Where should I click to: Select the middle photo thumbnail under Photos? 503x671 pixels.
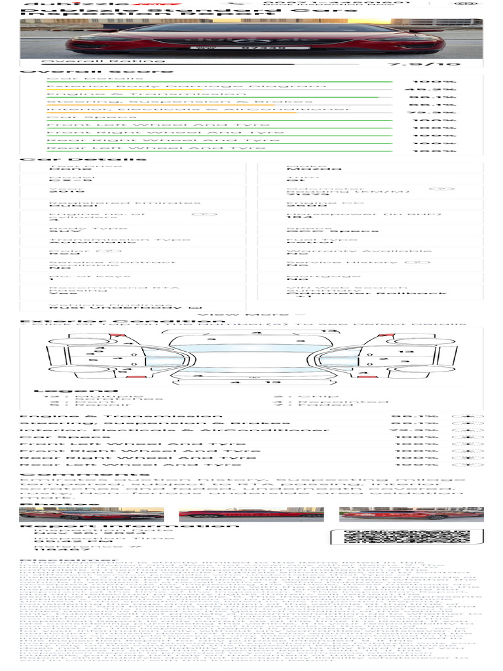251,514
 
